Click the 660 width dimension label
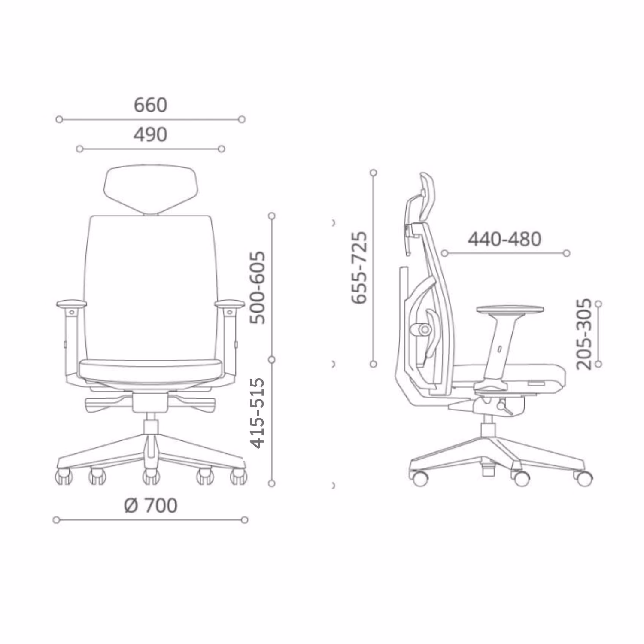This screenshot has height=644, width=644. click(150, 105)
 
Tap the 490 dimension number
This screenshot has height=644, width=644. click(150, 135)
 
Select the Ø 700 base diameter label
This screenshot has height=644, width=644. click(151, 505)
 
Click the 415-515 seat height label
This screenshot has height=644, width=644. click(258, 413)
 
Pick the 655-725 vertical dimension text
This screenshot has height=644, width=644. click(359, 267)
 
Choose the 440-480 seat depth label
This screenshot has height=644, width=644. click(504, 239)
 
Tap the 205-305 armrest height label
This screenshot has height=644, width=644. click(584, 334)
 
